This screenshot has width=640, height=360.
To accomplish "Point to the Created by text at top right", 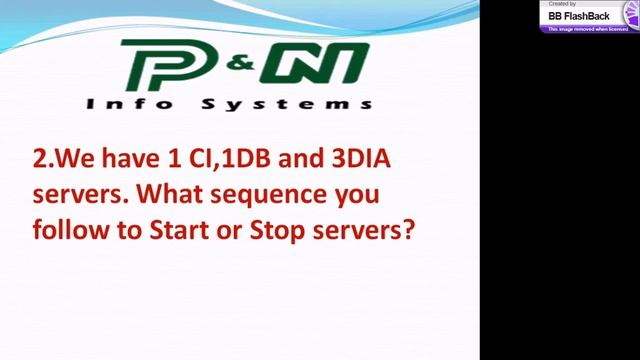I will tap(563, 5).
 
